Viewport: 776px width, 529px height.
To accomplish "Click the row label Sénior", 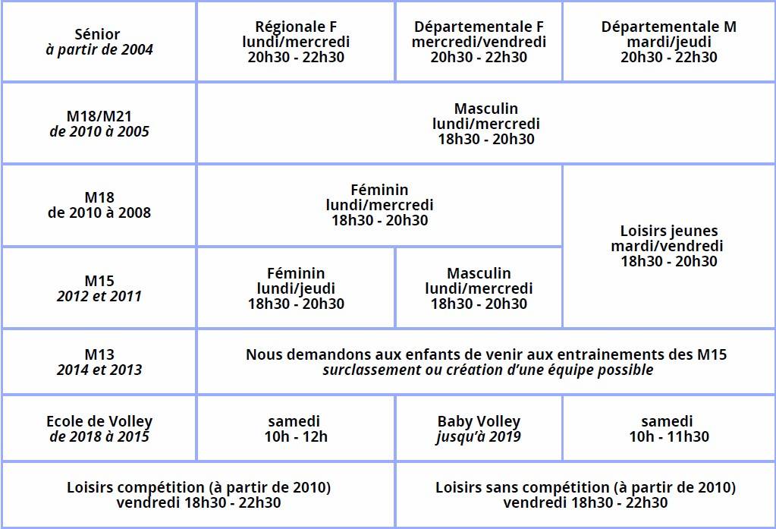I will click(98, 34).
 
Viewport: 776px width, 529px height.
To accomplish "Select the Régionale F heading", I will click(296, 27).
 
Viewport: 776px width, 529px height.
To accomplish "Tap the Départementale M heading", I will click(668, 27).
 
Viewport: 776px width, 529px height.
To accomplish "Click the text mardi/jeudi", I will click(668, 42).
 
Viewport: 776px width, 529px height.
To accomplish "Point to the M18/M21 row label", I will click(99, 116).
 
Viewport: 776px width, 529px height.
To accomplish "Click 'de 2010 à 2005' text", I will click(99, 131).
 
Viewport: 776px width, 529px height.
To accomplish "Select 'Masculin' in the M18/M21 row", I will click(485, 109).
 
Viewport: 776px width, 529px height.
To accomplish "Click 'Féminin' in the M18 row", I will click(379, 190).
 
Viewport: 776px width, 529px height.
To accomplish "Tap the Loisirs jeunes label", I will click(668, 231).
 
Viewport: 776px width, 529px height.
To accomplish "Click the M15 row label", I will click(99, 281).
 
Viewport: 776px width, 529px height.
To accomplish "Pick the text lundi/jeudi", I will click(296, 288).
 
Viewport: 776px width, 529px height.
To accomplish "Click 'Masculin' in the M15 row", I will click(479, 273).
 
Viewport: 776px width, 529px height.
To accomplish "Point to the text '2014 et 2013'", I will click(99, 370).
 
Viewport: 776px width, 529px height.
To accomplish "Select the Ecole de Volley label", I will click(99, 421).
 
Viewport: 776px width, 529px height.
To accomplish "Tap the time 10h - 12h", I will click(296, 436).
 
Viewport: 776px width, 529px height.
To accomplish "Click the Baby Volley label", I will click(479, 421).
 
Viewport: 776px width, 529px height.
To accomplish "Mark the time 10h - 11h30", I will click(668, 436).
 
